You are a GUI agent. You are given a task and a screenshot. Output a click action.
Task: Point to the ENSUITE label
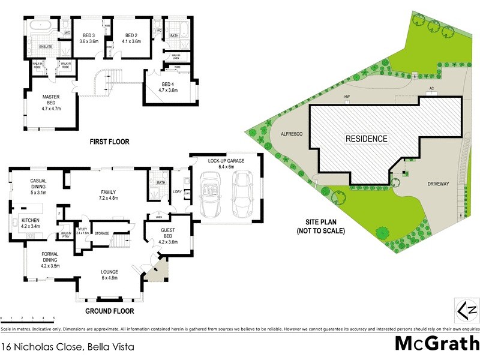46,46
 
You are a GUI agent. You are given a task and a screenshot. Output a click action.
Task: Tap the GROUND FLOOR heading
110,311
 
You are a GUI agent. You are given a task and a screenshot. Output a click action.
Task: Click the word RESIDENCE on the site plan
366,139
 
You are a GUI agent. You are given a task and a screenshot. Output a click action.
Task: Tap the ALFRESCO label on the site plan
285,136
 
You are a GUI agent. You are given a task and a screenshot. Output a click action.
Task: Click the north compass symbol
468,311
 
